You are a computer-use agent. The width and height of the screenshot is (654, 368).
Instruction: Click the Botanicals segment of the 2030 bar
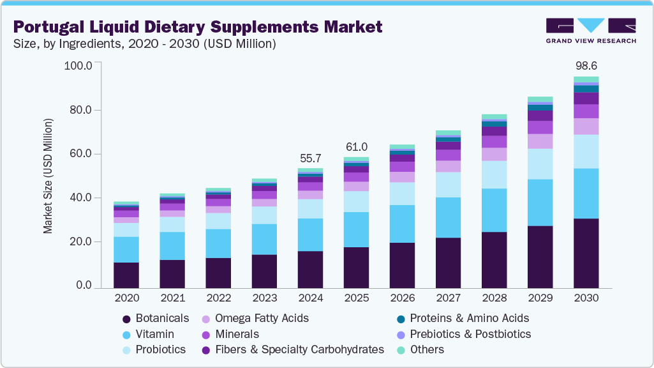click(586, 253)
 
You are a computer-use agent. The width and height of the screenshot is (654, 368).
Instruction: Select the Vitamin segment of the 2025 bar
click(356, 229)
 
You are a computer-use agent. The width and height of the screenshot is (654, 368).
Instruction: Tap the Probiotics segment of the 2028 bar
click(494, 174)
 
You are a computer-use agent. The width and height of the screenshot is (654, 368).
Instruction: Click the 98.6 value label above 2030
click(586, 66)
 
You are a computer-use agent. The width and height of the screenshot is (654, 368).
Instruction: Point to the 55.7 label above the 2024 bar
click(310, 158)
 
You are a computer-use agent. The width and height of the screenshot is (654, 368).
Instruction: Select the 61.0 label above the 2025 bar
click(356, 146)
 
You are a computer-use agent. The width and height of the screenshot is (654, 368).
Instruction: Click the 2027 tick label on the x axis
click(448, 298)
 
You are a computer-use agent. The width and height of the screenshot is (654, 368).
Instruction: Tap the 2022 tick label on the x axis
click(218, 298)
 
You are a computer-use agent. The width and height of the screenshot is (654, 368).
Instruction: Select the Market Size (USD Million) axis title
click(48, 176)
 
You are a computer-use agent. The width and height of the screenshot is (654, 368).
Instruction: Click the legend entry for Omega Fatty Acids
click(262, 318)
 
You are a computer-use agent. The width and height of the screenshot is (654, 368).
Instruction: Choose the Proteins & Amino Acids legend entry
click(469, 318)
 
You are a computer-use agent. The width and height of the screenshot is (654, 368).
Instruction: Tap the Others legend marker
click(400, 350)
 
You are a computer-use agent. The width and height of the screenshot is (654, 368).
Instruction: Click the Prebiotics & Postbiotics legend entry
click(470, 334)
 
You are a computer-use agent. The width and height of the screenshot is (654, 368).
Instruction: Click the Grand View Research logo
click(591, 31)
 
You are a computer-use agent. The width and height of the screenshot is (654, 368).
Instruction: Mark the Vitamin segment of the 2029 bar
click(540, 203)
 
